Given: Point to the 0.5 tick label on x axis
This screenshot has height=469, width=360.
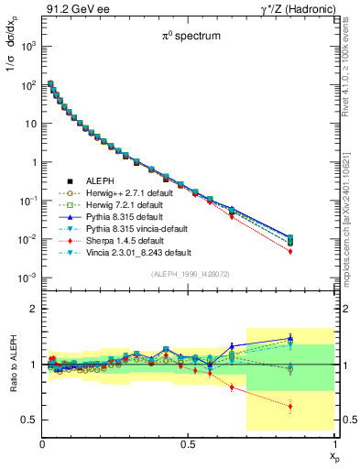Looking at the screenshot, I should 188,444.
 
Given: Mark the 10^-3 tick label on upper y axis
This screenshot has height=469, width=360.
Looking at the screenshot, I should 27,278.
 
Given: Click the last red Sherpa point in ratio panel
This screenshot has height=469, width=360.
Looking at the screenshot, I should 290,407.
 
